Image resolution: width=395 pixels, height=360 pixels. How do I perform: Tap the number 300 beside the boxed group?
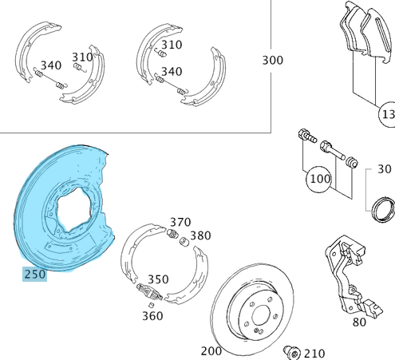tap(273, 61)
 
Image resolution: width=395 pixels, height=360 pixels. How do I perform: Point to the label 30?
tap(385, 169)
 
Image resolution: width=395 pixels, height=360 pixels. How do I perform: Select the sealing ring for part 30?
tap(385, 208)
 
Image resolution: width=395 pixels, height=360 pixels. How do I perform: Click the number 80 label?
tap(359, 322)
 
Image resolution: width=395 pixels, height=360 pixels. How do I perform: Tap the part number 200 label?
tap(211, 350)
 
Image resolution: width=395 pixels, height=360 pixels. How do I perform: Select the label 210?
tap(314, 352)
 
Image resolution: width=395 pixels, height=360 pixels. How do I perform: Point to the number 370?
tap(180, 222)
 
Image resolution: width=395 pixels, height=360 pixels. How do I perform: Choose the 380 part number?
tap(200, 235)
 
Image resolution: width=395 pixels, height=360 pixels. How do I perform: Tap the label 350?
tap(157, 279)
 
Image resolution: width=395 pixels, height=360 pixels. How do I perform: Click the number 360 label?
tap(152, 315)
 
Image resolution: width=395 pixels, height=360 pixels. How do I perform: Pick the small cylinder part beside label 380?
tap(183, 240)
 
